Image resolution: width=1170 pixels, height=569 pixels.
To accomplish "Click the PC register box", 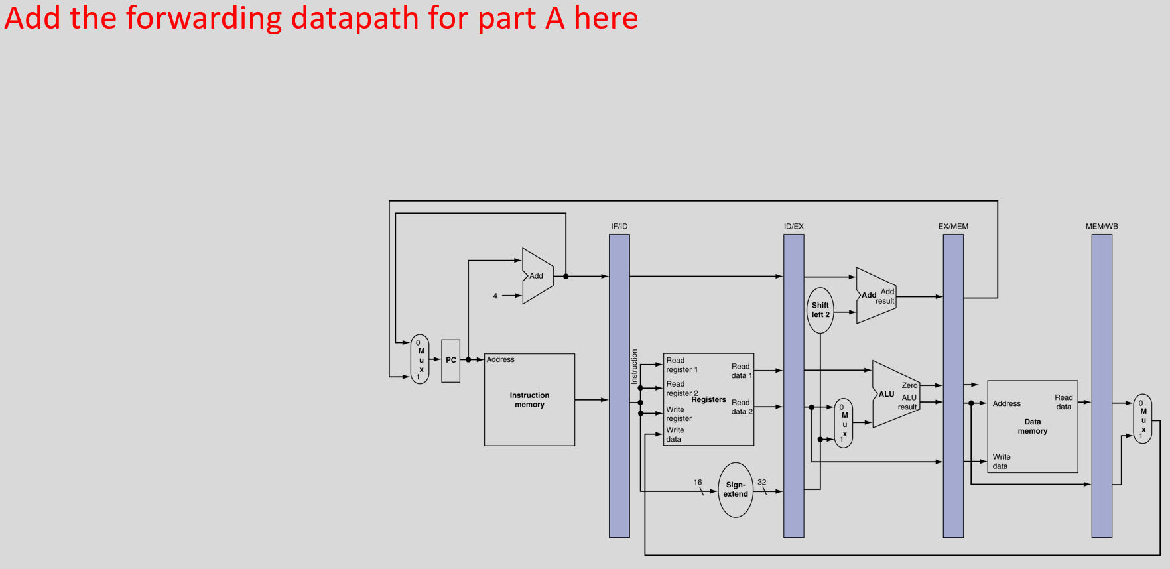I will pyautogui.click(x=451, y=361).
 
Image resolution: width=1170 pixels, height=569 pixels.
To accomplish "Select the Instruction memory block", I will pyautogui.click(x=529, y=400).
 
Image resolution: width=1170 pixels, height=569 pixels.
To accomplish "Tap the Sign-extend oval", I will pyautogui.click(x=736, y=490).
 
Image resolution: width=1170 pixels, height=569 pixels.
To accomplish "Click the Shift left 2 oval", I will pyautogui.click(x=820, y=310).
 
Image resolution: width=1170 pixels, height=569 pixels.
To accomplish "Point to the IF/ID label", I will pyautogui.click(x=619, y=227).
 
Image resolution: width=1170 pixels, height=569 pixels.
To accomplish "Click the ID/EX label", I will pyautogui.click(x=793, y=227).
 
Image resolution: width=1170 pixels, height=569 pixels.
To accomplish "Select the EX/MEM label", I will pyautogui.click(x=953, y=227).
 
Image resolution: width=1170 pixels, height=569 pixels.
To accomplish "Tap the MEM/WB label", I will pyautogui.click(x=1102, y=227).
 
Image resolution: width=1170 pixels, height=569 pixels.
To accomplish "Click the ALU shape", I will pyautogui.click(x=893, y=395).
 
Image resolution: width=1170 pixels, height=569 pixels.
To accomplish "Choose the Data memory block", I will pyautogui.click(x=1032, y=426).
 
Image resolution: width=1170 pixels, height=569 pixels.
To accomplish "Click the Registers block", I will pyautogui.click(x=708, y=399).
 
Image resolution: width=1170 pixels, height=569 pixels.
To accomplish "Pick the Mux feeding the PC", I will pyautogui.click(x=420, y=359).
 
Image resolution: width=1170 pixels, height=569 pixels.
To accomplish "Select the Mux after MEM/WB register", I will pyautogui.click(x=1143, y=419).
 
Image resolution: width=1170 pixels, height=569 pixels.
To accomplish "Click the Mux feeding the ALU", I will pyautogui.click(x=844, y=423).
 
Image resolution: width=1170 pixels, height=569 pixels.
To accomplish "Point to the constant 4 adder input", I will pyautogui.click(x=495, y=296).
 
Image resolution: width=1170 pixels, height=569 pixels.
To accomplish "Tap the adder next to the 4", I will pyautogui.click(x=537, y=276).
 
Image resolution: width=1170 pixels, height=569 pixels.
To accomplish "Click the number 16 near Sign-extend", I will pyautogui.click(x=698, y=483).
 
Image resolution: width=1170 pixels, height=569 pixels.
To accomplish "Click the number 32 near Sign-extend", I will pyautogui.click(x=762, y=483).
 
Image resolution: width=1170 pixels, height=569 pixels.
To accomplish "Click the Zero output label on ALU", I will pyautogui.click(x=909, y=385).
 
